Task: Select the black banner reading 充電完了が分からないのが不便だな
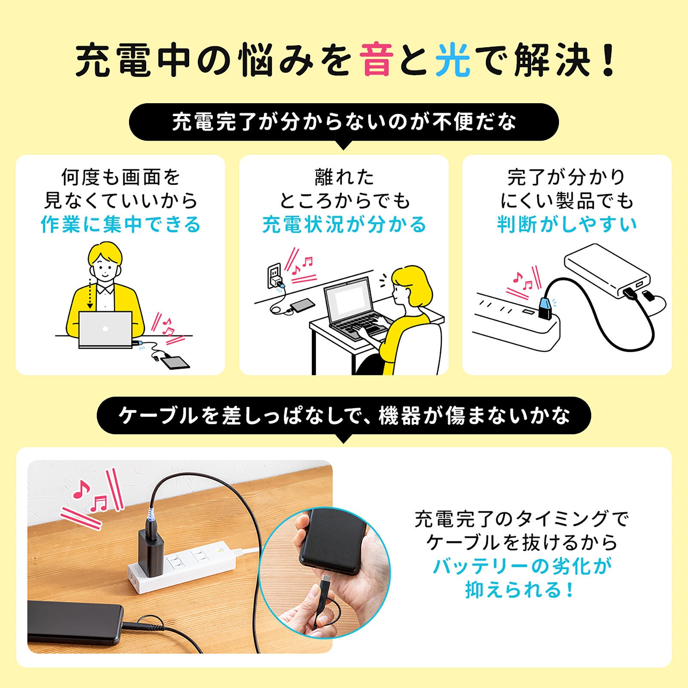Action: click(x=344, y=122)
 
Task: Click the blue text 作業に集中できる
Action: click(x=121, y=224)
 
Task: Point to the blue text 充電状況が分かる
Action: click(x=344, y=224)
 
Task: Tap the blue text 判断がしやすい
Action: click(x=567, y=224)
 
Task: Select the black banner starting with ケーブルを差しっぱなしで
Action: click(x=344, y=416)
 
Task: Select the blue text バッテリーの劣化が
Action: click(x=522, y=566)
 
